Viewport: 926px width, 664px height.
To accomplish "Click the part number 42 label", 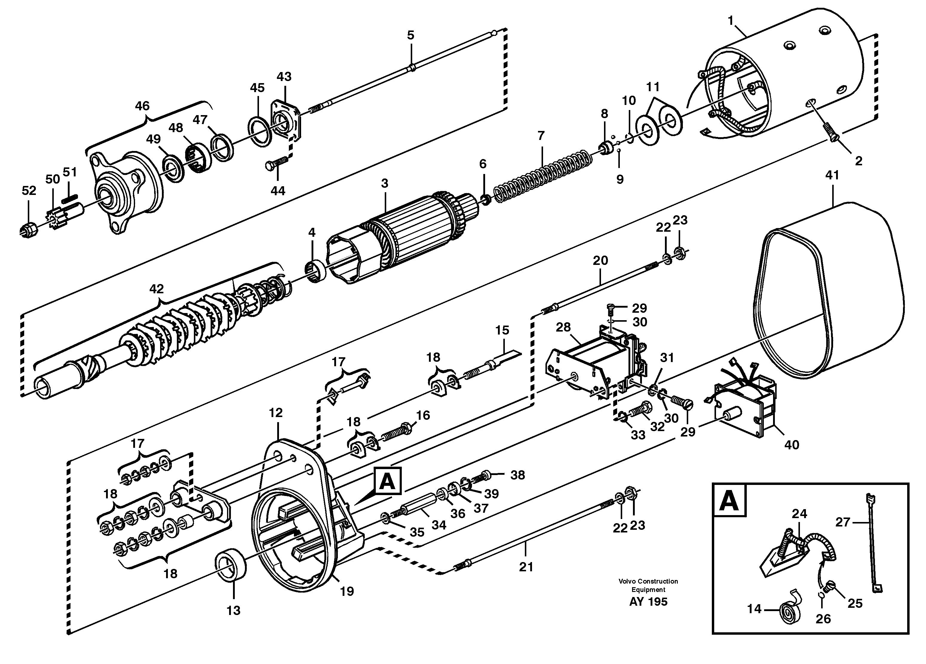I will [157, 289].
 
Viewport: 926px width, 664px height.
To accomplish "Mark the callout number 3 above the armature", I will [385, 184].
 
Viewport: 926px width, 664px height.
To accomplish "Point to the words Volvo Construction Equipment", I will [648, 585].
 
